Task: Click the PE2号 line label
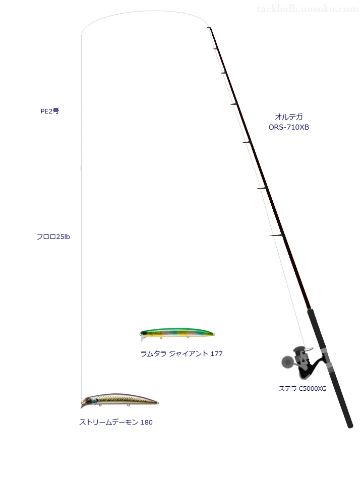tap(50, 111)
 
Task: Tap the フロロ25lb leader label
tap(53, 236)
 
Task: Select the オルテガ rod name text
tap(289, 116)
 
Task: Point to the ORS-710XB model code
tap(289, 127)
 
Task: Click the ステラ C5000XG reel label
tap(302, 389)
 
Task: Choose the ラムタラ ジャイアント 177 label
tap(181, 353)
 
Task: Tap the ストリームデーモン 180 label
tap(116, 422)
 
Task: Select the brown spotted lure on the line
tap(119, 400)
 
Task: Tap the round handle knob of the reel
tap(287, 362)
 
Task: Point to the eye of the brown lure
tap(88, 401)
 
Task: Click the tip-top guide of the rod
tap(209, 28)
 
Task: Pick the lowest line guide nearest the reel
tap(276, 235)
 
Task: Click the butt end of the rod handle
tap(350, 425)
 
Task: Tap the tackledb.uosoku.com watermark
tap(308, 10)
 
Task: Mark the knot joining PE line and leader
tap(81, 168)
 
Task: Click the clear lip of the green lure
tap(142, 338)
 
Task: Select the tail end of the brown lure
tap(157, 403)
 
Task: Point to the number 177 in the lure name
tap(217, 353)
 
